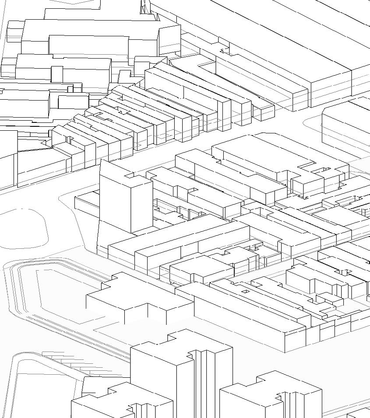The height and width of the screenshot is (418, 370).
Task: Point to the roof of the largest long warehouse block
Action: [280, 39]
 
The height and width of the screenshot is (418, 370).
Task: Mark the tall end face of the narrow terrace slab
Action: [225, 115]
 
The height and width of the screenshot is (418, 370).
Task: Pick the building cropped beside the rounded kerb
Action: [346, 127]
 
